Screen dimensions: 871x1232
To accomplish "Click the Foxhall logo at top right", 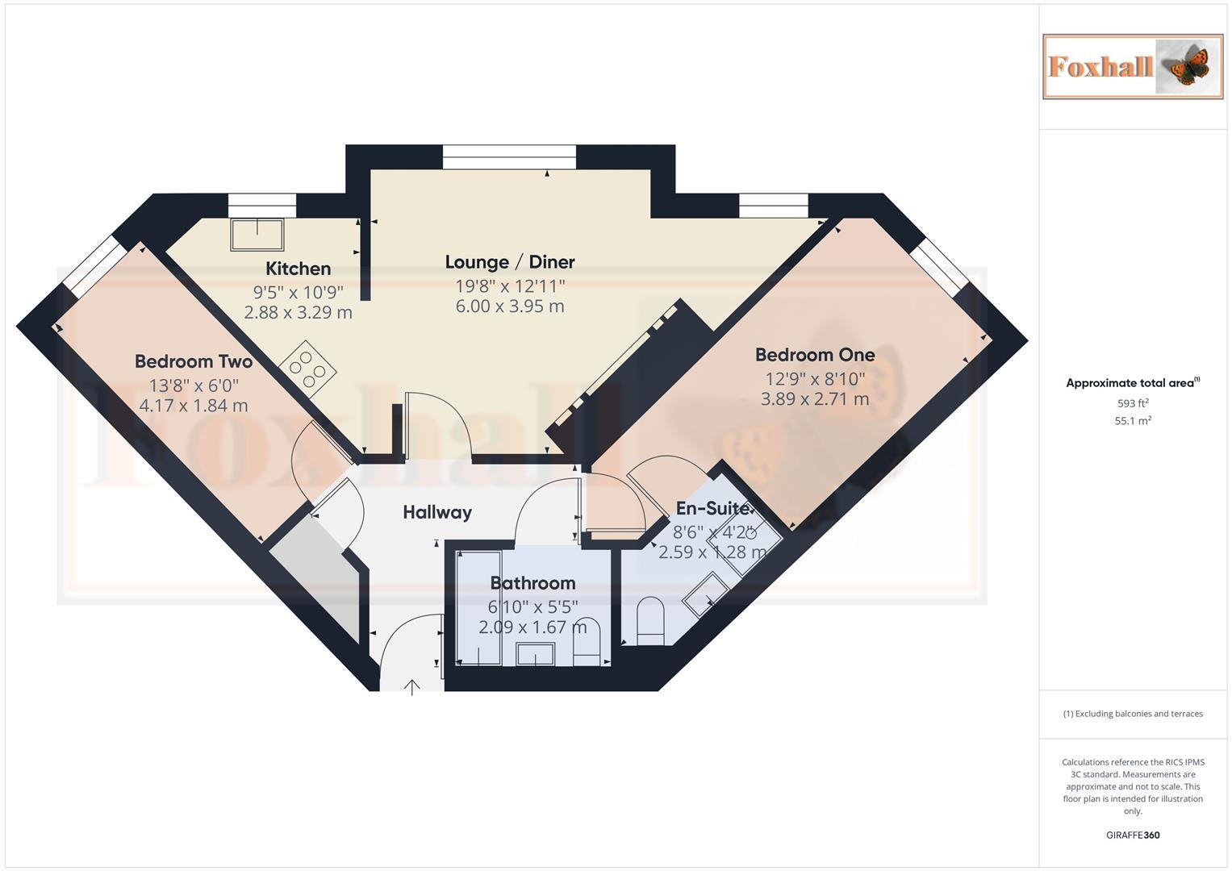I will (x=1133, y=66).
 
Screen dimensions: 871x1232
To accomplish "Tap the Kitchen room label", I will (x=299, y=269).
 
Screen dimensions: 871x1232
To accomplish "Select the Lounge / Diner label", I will (x=510, y=262).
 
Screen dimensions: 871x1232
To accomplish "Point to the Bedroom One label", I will (x=815, y=355).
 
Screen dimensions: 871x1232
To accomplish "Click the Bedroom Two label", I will (x=194, y=361).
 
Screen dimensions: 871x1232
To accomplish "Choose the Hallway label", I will (x=437, y=512).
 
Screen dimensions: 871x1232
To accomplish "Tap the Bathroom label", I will (x=532, y=583).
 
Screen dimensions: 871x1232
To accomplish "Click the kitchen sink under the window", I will (x=257, y=234).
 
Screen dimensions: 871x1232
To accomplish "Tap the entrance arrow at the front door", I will (x=412, y=687).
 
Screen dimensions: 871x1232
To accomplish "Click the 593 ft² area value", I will (x=1133, y=403).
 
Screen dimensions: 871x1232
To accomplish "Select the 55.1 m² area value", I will (x=1133, y=421).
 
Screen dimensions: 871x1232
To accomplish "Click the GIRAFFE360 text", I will (x=1133, y=835).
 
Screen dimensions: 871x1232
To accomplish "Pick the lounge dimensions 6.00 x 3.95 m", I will (x=510, y=306).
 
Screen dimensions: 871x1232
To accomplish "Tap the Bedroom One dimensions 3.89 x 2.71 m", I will (x=815, y=399).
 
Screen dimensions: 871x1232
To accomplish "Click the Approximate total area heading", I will (x=1133, y=383).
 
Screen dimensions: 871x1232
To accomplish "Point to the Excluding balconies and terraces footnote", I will (x=1133, y=714).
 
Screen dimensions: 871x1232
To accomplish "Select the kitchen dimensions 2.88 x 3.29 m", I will (x=299, y=312).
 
